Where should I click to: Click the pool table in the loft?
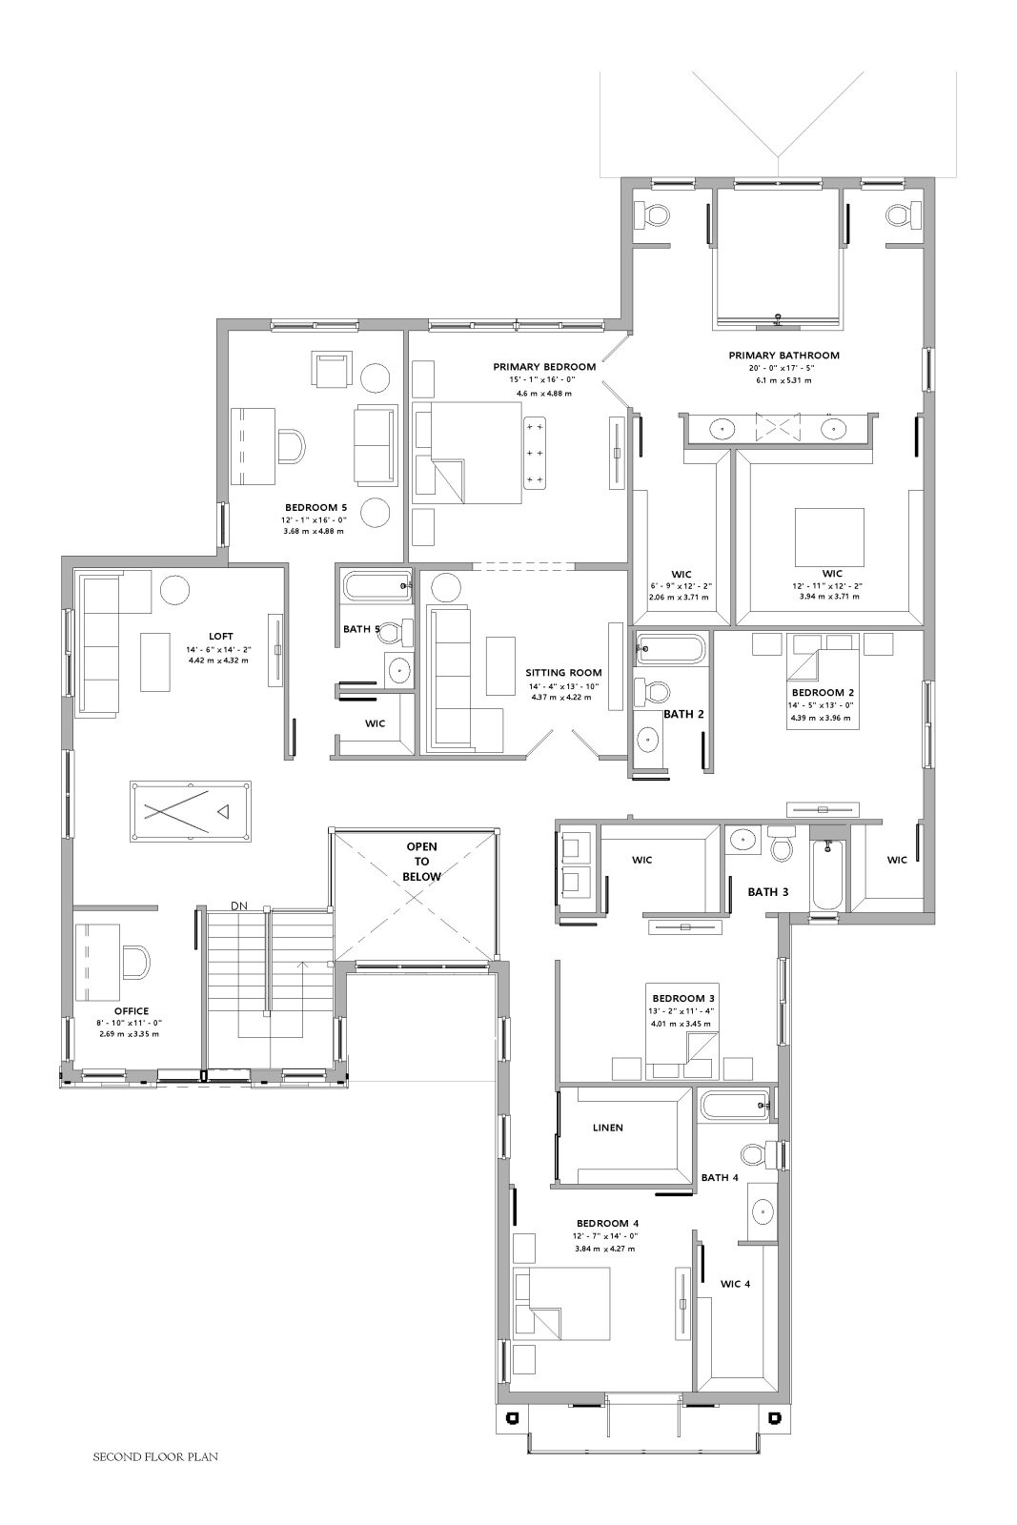(x=191, y=811)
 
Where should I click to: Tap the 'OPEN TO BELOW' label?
(x=422, y=862)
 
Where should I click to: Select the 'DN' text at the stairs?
(x=239, y=905)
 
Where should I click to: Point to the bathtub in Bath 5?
(x=377, y=586)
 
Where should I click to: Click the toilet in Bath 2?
(x=652, y=692)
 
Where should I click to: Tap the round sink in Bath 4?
(x=763, y=1210)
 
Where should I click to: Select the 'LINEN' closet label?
(x=608, y=1128)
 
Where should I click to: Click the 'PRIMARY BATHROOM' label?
(x=783, y=356)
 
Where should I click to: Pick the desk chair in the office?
(x=136, y=964)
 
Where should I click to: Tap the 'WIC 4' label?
(x=735, y=1284)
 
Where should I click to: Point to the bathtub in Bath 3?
(x=827, y=875)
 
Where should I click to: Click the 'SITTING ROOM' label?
(x=563, y=673)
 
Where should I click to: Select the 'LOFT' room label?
(x=220, y=637)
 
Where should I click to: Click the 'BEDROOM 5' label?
(x=315, y=507)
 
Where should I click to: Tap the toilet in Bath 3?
(x=780, y=843)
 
